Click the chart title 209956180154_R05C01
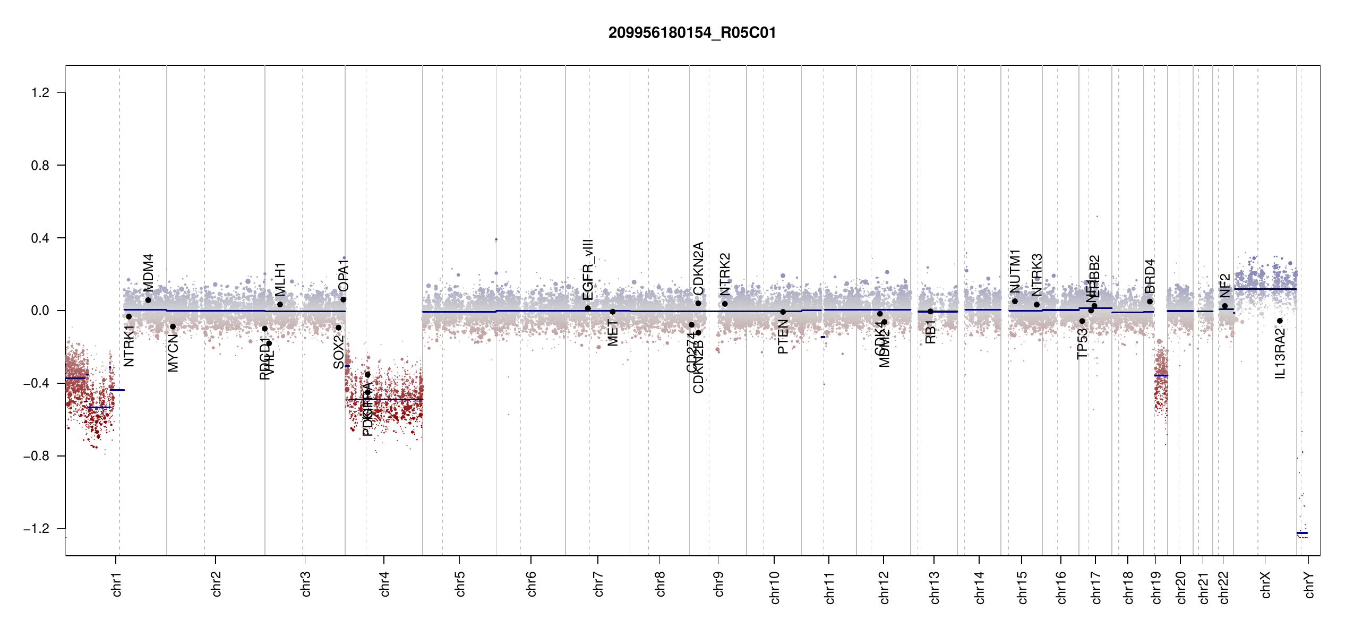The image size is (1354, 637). pos(692,33)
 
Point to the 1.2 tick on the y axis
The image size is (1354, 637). pos(40,93)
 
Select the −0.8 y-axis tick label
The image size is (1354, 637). pos(37,456)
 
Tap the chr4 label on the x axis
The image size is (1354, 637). pos(384,584)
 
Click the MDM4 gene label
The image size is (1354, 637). pos(149,272)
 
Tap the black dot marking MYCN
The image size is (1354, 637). pos(173,326)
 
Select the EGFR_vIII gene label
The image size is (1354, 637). pos(588,270)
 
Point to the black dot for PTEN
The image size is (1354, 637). pos(783,312)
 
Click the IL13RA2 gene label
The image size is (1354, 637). pos(1280,354)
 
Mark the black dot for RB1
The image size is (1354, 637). pos(930,312)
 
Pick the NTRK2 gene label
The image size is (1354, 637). pos(725,274)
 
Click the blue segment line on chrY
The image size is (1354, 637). pos(1302,533)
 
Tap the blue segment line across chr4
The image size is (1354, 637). pos(385,399)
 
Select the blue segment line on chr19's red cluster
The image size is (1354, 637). pos(1161,375)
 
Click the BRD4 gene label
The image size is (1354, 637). pos(1150,276)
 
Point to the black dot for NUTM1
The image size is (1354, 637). pos(1015,302)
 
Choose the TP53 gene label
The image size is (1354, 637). pos(1082,343)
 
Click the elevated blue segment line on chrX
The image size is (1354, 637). pos(1265,289)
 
